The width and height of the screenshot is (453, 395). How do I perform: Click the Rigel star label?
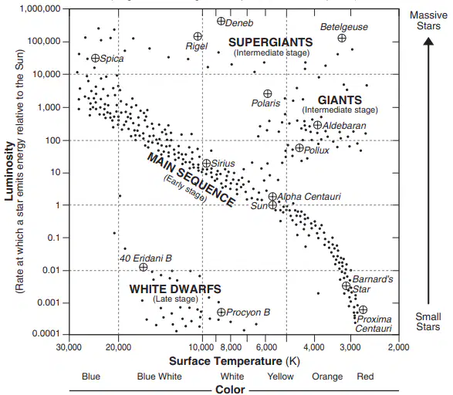point(197,46)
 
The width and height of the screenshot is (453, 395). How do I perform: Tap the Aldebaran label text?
point(344,126)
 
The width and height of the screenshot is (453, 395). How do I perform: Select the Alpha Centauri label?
point(309,197)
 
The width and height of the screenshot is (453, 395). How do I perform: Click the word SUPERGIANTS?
point(271,42)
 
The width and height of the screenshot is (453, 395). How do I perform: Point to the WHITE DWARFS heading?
point(175,289)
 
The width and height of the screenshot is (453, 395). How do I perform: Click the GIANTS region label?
point(340,100)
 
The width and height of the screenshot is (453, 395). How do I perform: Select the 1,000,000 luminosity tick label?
point(40,8)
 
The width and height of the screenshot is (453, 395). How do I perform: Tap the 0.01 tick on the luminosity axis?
point(52,270)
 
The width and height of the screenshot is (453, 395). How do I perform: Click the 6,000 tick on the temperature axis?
point(266,346)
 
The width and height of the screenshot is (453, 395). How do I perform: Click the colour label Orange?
point(327,376)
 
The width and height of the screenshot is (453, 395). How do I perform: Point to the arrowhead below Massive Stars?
point(428,42)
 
